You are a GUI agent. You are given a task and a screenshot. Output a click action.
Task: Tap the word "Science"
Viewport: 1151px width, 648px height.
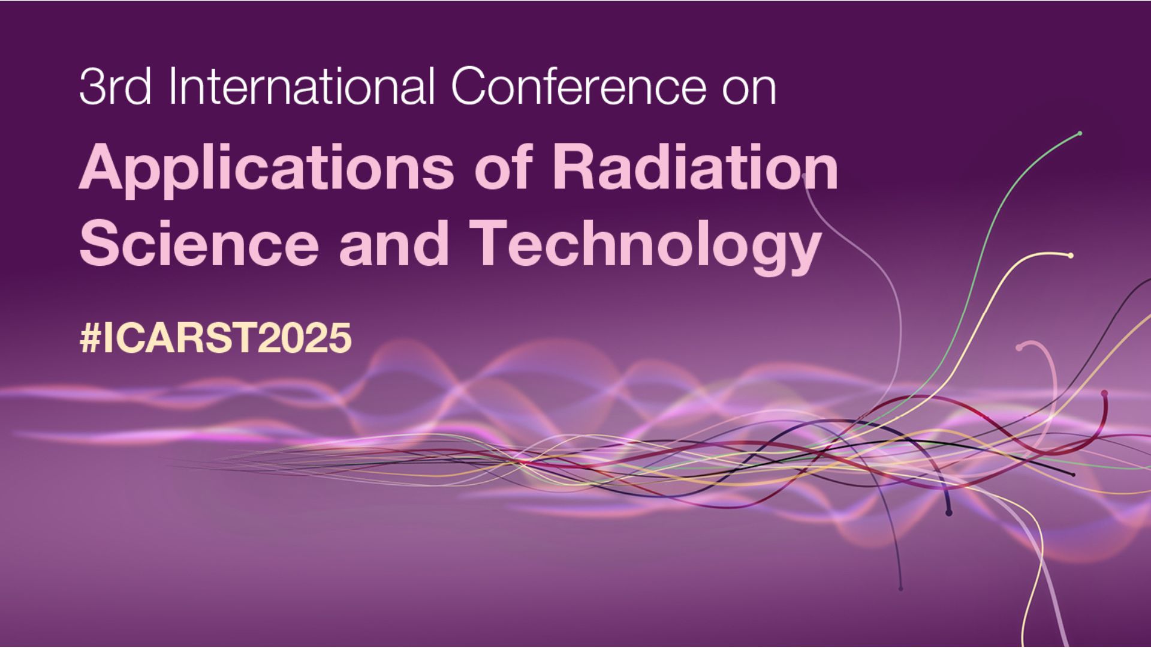199,242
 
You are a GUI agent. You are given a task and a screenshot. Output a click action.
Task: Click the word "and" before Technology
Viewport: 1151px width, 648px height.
394,242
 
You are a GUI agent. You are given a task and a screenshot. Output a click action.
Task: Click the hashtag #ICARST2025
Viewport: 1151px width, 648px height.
215,338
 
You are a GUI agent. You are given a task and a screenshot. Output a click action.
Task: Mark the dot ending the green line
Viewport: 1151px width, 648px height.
1080,133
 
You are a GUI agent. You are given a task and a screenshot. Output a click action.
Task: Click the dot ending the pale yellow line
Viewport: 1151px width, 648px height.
1071,256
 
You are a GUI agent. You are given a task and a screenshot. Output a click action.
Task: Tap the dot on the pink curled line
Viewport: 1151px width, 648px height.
1019,347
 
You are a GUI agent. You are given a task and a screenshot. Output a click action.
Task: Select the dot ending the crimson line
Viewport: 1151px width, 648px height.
1104,394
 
